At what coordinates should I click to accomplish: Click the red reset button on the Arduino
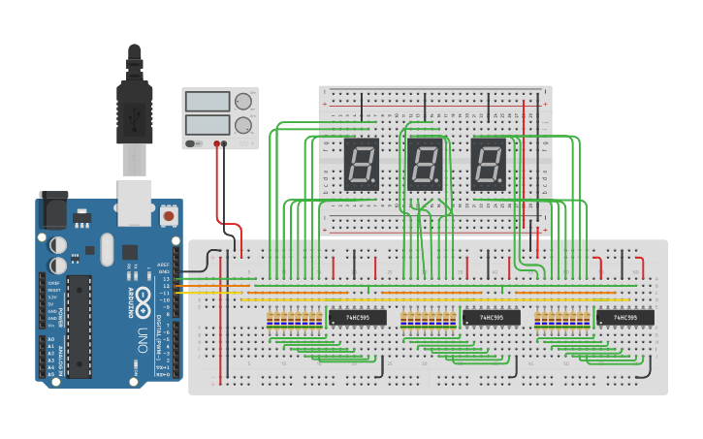tap(170, 215)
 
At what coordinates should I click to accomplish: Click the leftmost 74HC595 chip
tap(357, 317)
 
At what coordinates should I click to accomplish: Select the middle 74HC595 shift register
tap(491, 317)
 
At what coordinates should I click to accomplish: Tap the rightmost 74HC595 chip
tap(624, 317)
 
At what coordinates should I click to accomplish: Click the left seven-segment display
tap(361, 164)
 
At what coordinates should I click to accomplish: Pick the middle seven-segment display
tap(425, 164)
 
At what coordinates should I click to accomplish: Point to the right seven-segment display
tap(488, 164)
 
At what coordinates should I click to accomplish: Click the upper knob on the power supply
tap(242, 101)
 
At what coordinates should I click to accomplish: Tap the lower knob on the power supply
tap(242, 124)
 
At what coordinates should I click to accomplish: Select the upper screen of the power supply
tap(207, 101)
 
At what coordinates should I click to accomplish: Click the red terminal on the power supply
tap(215, 143)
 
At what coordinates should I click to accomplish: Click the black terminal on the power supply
tap(224, 143)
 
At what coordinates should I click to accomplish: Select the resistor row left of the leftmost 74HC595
tap(295, 319)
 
